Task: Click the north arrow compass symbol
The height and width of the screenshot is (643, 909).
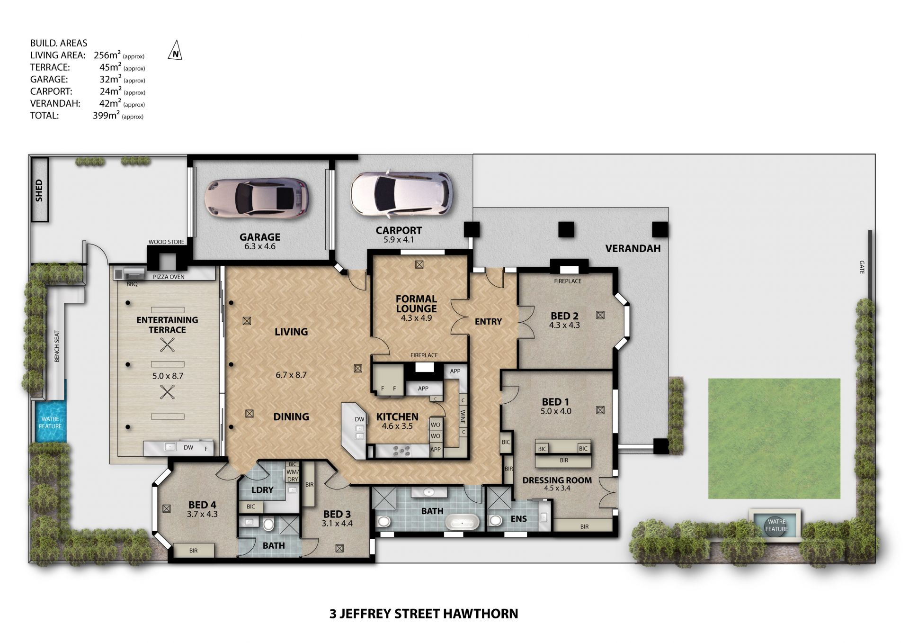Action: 175,50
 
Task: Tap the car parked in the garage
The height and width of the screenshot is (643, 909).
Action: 257,199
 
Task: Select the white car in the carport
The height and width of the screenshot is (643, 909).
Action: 401,194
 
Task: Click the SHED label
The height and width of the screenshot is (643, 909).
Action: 39,190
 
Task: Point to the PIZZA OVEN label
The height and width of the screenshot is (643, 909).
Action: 169,277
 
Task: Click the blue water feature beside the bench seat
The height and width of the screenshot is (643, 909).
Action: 50,422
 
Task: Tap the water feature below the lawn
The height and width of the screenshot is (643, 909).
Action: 776,525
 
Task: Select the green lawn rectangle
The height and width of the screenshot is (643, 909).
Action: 774,438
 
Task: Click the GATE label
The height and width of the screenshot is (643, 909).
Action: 862,267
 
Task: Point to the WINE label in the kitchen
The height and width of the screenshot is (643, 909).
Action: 463,417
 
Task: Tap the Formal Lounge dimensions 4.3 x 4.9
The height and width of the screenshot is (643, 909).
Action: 416,318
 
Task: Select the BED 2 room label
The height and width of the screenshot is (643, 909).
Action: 564,316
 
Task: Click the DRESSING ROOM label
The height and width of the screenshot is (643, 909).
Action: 557,480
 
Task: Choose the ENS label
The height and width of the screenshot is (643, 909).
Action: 519,519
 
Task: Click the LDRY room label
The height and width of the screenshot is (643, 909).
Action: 262,490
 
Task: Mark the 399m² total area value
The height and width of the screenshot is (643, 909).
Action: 106,115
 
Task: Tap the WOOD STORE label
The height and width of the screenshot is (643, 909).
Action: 166,242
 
